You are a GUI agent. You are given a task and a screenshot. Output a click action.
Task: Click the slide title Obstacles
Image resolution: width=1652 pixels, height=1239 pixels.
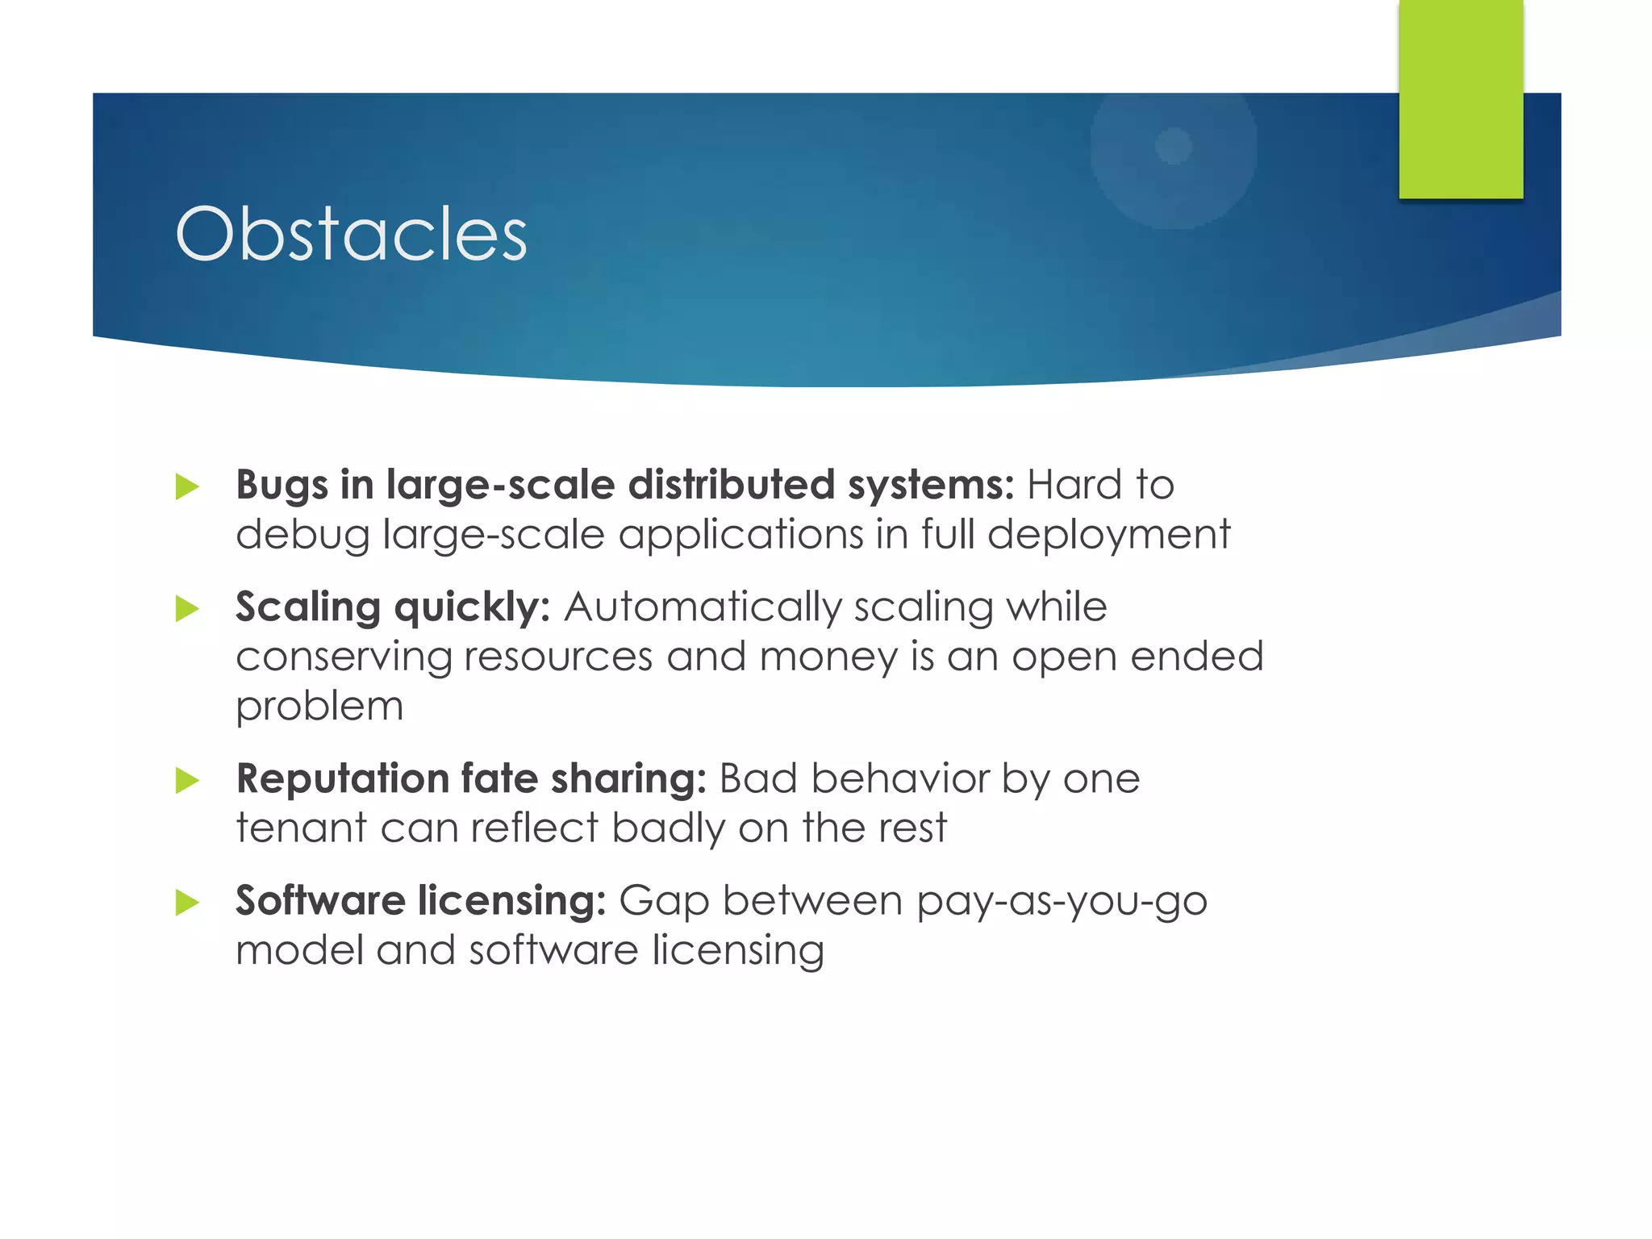(x=351, y=234)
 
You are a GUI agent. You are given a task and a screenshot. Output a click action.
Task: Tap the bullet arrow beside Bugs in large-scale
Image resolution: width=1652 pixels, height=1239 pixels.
(x=187, y=486)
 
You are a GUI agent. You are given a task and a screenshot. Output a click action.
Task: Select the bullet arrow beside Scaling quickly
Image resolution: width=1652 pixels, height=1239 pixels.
(x=187, y=608)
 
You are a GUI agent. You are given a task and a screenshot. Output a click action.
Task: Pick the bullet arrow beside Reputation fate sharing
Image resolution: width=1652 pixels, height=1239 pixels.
(x=187, y=780)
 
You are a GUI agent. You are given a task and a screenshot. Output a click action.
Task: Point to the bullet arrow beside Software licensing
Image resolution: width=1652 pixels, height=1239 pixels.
(x=187, y=902)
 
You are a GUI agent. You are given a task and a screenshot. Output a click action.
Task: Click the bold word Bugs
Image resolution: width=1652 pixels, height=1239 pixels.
(x=282, y=486)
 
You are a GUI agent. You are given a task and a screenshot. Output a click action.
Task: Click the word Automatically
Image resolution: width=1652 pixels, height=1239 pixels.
(x=702, y=607)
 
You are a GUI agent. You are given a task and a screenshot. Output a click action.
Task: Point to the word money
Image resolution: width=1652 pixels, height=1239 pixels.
(x=828, y=657)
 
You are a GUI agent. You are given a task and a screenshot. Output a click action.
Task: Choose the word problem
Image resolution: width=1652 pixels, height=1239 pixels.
(x=319, y=707)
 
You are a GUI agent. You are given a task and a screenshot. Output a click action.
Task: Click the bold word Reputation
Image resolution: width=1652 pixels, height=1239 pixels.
(x=342, y=779)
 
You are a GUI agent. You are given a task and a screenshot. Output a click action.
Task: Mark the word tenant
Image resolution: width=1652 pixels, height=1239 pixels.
(x=301, y=828)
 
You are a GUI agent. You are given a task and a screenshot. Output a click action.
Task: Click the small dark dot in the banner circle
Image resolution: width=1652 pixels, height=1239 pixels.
(x=1174, y=146)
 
